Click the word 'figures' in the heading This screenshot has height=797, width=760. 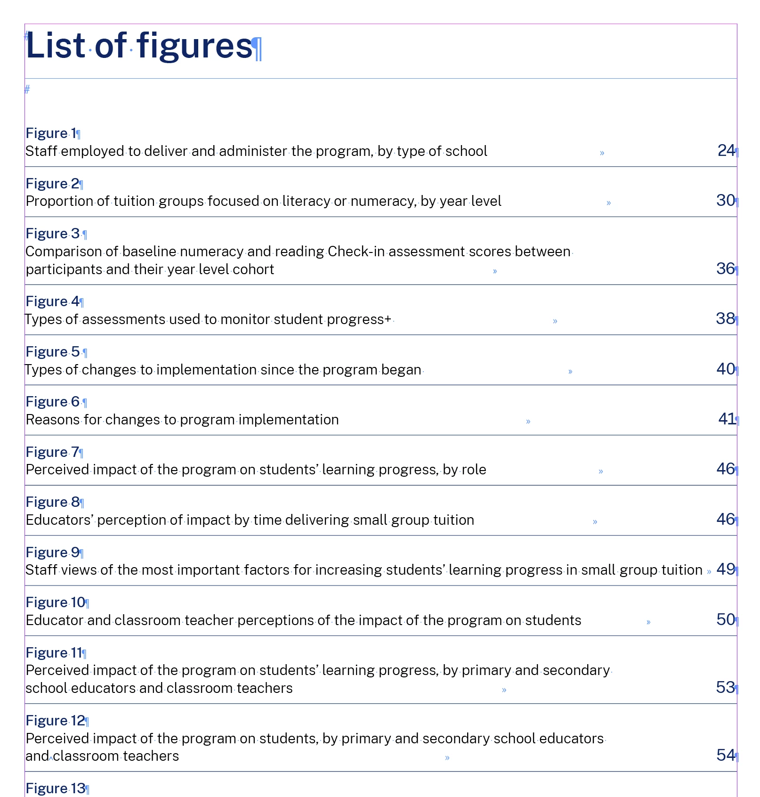click(x=194, y=46)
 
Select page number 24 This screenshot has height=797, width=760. click(x=726, y=151)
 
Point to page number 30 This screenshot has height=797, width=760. click(x=726, y=201)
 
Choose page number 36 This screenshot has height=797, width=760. click(x=726, y=269)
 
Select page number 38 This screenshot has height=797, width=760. click(x=725, y=319)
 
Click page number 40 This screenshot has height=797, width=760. click(x=726, y=369)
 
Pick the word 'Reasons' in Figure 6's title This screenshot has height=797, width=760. click(x=53, y=420)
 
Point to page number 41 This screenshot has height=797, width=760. click(x=727, y=419)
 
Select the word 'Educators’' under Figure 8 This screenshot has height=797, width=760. click(x=60, y=520)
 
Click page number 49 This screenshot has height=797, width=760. click(x=726, y=569)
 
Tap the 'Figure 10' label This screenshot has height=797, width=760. click(x=56, y=602)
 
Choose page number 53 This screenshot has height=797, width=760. click(x=725, y=688)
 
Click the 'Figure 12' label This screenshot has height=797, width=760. click(x=56, y=721)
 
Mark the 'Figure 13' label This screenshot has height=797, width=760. click(x=56, y=788)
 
